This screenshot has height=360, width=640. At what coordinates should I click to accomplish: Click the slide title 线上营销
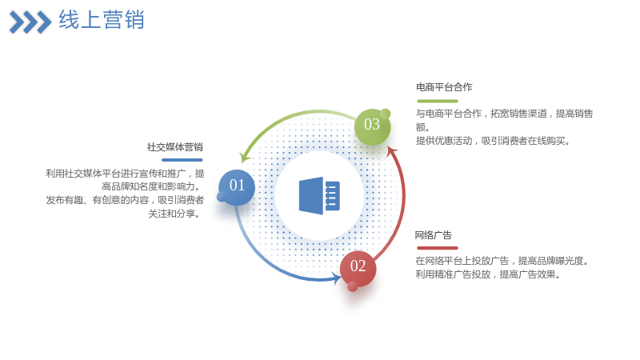click(x=102, y=19)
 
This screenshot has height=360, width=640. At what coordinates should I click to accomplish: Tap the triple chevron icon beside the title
click(x=30, y=22)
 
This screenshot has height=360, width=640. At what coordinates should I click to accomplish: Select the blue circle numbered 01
click(x=237, y=187)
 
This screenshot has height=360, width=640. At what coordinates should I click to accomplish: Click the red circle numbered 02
click(x=358, y=269)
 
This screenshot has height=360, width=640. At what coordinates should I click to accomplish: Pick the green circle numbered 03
click(x=372, y=126)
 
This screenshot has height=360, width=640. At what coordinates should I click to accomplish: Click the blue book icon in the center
click(x=319, y=195)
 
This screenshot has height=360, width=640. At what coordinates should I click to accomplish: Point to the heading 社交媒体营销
click(x=175, y=147)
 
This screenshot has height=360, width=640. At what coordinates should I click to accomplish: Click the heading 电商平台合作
click(x=444, y=87)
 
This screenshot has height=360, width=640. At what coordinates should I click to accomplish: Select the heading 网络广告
click(x=434, y=235)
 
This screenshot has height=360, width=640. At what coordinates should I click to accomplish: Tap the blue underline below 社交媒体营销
click(x=182, y=160)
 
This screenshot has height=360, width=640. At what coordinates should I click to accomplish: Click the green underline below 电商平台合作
click(x=438, y=101)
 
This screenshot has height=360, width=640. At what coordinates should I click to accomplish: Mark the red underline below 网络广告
click(x=438, y=248)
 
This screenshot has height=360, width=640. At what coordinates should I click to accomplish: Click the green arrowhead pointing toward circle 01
click(x=244, y=157)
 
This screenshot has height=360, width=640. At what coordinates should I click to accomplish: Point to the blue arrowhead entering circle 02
click(x=337, y=279)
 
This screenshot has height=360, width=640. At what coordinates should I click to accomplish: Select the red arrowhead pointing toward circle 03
click(x=392, y=151)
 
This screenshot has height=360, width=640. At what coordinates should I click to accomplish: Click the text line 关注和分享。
click(x=174, y=214)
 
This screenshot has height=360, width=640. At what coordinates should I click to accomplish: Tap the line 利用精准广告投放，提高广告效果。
click(x=488, y=274)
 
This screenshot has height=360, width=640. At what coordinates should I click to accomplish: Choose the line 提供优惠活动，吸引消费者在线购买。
click(x=493, y=141)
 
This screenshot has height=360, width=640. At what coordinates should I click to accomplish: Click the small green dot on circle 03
click(x=385, y=114)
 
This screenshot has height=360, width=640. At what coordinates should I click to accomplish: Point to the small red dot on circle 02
click(x=352, y=287)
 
